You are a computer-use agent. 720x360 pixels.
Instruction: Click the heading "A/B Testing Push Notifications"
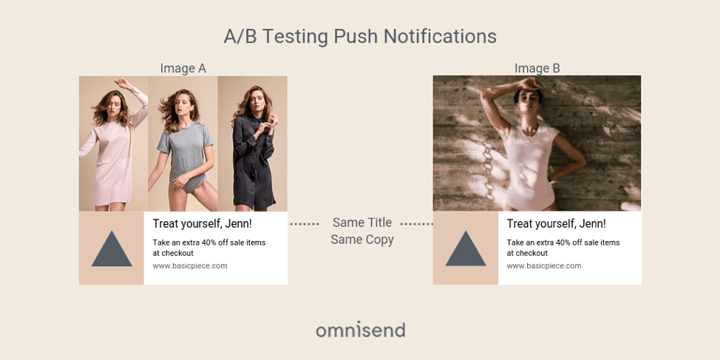pos(360,37)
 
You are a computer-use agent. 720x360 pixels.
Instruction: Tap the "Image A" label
pos(183,69)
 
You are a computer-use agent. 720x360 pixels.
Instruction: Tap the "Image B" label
pos(537,69)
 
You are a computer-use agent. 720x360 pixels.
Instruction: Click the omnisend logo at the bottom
pos(360,330)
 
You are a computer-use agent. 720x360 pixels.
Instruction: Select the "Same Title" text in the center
pos(361,223)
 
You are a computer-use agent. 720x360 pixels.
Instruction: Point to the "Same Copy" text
pos(361,240)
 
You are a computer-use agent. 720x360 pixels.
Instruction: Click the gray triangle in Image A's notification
pos(112,249)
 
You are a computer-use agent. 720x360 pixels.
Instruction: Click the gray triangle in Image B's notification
pos(466,248)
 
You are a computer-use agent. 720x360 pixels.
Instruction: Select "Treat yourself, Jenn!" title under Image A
pos(202,224)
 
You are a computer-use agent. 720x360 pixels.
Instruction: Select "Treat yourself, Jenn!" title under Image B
pos(556,224)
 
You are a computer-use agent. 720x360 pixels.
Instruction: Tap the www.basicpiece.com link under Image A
pos(190,266)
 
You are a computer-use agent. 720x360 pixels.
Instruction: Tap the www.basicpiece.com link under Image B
pos(543,266)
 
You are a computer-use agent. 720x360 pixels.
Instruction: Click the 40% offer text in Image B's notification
pos(563,248)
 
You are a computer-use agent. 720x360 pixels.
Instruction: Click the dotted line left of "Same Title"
pos(304,224)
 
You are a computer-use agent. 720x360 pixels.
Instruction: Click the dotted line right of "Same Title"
pos(416,224)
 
